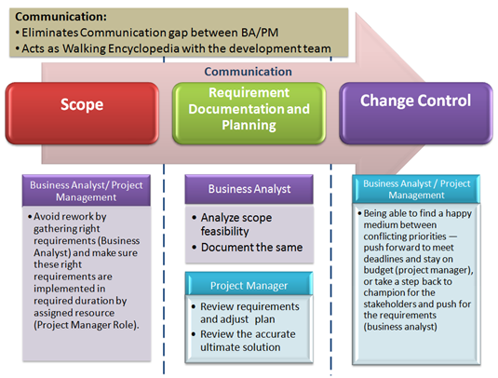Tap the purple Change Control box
(x=415, y=101)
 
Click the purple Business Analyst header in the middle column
(x=249, y=189)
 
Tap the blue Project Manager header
(x=249, y=285)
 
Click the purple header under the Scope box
(x=81, y=189)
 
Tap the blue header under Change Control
(x=416, y=188)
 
